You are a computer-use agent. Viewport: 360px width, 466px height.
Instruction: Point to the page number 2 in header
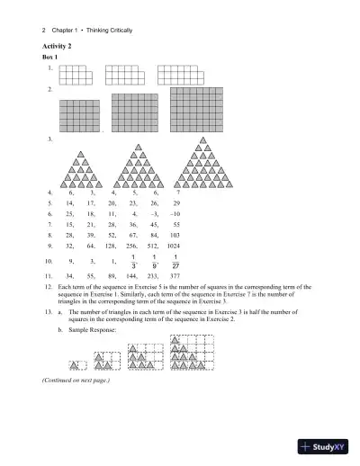[x=44, y=30]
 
